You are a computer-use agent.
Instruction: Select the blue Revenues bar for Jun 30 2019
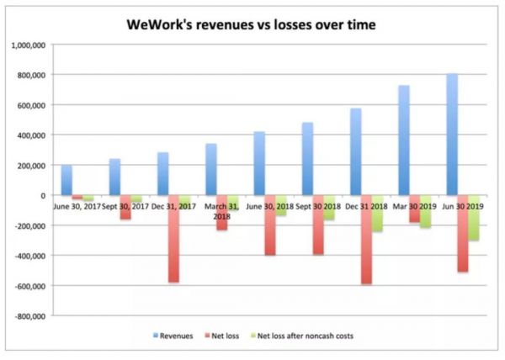coord(453,135)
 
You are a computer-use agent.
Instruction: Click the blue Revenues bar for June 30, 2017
coord(66,180)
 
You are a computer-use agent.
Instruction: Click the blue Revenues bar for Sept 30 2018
coord(308,159)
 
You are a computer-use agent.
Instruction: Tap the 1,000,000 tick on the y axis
coord(30,45)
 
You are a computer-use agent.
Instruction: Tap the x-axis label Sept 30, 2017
coord(124,205)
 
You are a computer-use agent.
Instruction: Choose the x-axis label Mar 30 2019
coord(413,205)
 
